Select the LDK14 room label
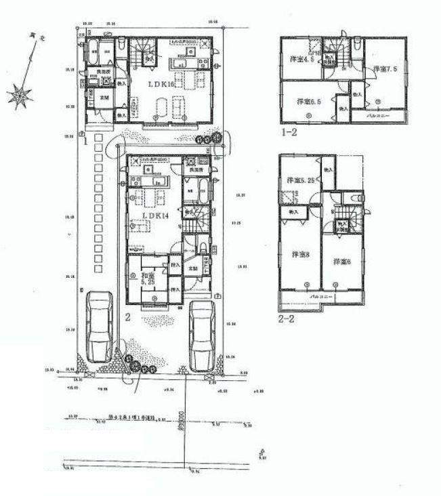(155, 215)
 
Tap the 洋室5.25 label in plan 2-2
(300, 181)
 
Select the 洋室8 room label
(301, 255)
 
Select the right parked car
(202, 335)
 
